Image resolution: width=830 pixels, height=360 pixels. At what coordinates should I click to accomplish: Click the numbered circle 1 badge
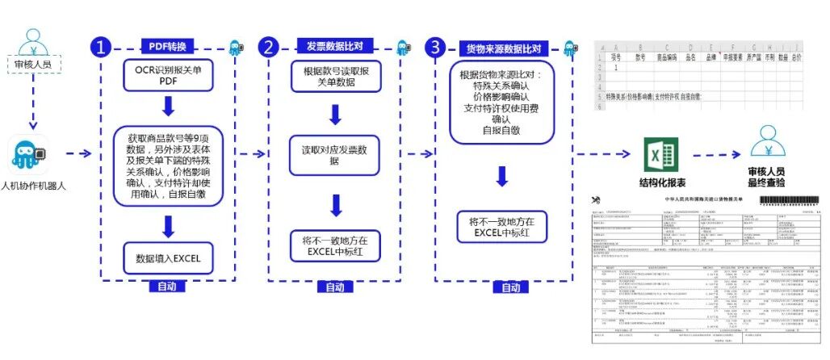(x=101, y=48)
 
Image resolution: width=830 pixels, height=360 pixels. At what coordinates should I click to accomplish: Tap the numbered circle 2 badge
(x=268, y=48)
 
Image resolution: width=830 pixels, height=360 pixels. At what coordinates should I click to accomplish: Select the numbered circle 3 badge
(x=436, y=48)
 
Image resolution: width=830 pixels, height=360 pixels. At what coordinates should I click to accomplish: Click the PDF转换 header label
(x=168, y=46)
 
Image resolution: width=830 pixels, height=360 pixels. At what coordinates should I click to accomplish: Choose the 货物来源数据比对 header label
(x=503, y=48)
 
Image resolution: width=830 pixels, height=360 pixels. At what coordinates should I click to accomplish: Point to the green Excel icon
(x=658, y=153)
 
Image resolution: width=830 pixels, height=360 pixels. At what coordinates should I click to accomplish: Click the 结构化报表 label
(x=657, y=182)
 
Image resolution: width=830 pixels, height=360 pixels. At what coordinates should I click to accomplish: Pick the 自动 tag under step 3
(x=510, y=288)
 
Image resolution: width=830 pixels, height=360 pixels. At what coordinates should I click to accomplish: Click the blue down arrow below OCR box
(x=169, y=107)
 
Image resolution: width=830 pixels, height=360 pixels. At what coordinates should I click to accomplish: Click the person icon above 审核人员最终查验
(x=773, y=141)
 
